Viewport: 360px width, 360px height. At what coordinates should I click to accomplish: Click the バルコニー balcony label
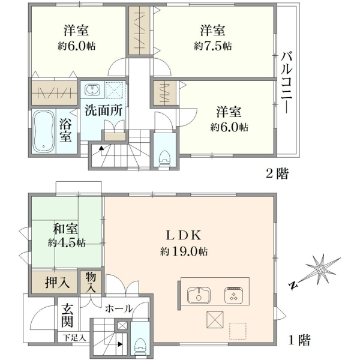287,83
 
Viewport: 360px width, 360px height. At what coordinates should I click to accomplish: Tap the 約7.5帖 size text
212,46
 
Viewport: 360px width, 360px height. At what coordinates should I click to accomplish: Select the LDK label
184,236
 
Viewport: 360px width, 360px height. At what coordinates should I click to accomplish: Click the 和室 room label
65,229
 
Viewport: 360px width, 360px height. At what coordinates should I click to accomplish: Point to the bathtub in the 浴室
43,131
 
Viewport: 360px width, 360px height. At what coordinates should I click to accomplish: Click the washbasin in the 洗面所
92,89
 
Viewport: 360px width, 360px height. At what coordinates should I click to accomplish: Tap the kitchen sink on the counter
199,295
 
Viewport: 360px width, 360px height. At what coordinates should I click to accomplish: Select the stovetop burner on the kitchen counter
234,295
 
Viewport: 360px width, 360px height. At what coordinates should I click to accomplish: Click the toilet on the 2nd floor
164,158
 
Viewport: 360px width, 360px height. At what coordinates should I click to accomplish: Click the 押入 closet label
57,282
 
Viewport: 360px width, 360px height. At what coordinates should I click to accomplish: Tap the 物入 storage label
91,283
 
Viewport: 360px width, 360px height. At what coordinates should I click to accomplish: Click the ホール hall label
119,308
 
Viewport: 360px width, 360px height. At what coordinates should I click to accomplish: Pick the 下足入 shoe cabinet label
74,338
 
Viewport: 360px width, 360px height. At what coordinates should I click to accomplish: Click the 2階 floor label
277,174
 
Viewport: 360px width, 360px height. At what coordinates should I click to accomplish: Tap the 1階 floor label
299,340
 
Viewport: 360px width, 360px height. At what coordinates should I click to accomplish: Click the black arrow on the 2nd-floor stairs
101,148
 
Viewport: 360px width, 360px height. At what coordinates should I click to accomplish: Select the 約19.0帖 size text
184,251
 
